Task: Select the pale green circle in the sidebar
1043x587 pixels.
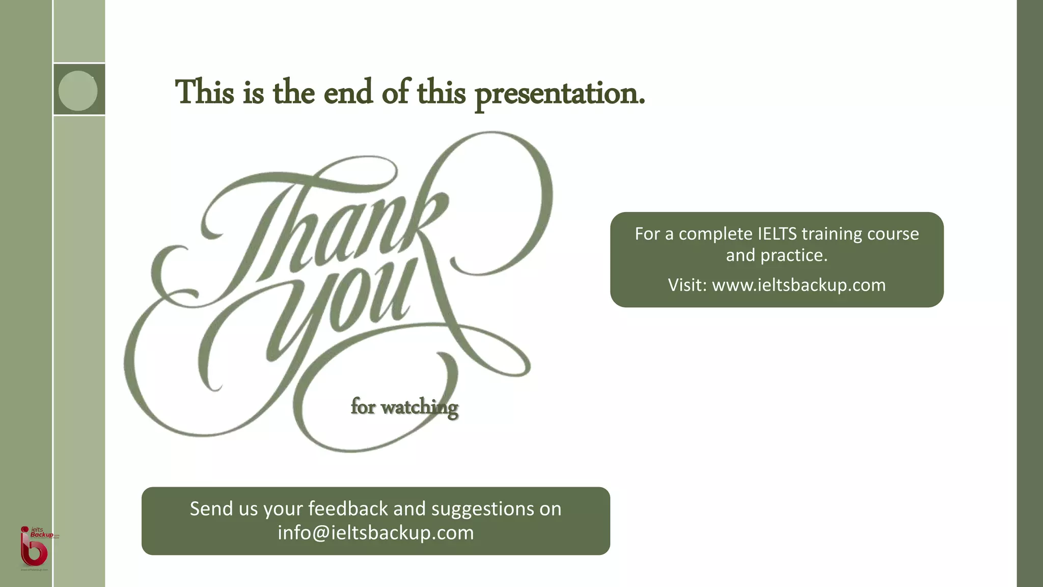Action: [x=78, y=91]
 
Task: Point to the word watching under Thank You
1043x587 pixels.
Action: [x=419, y=407]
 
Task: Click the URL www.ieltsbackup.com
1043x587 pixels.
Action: [x=799, y=285]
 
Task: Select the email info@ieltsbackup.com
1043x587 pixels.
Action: [x=375, y=532]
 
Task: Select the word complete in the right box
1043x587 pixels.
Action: [x=716, y=234]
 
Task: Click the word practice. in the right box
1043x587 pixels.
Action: [x=794, y=255]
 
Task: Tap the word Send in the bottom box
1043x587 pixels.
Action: [x=208, y=509]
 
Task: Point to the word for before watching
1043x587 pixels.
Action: [x=363, y=407]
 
